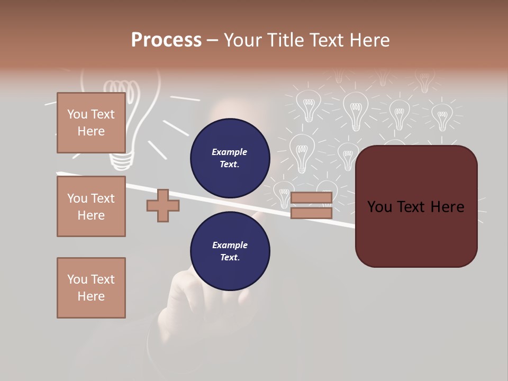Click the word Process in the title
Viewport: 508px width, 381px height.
click(166, 40)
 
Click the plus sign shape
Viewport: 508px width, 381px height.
click(162, 205)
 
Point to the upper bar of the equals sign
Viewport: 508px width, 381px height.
click(311, 198)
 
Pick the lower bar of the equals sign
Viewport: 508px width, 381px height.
click(311, 213)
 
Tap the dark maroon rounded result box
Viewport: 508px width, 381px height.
click(416, 233)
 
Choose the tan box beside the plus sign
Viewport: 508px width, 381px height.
click(91, 206)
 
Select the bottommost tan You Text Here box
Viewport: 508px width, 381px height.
click(91, 287)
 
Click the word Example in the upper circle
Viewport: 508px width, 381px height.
click(229, 152)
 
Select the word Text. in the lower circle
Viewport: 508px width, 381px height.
click(229, 258)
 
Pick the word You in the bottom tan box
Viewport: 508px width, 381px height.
click(77, 279)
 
